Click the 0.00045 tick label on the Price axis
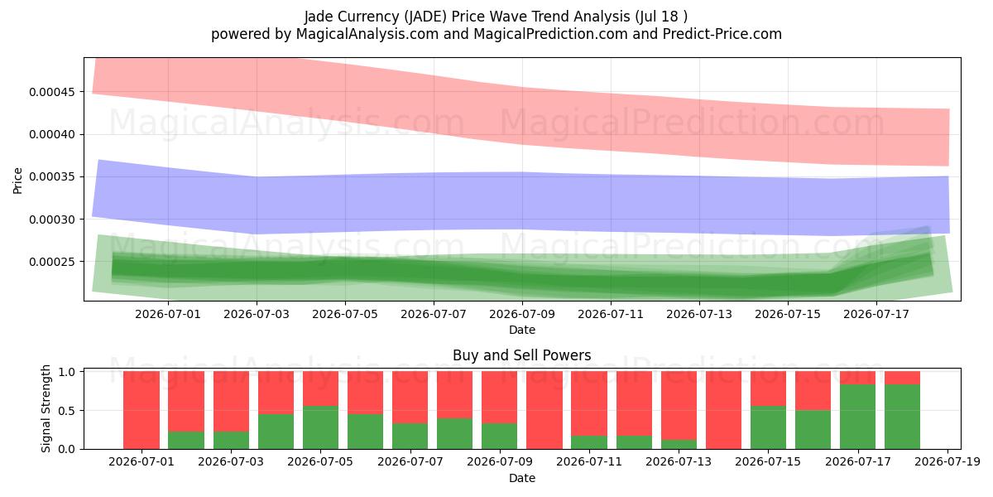(x=51, y=92)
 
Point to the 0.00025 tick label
(x=51, y=262)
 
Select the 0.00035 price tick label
(x=51, y=177)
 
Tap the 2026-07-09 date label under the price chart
(x=522, y=314)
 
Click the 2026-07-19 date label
(x=947, y=461)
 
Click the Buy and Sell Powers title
(x=522, y=355)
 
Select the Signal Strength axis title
(x=46, y=408)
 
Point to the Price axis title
(x=17, y=181)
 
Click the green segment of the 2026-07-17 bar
(x=858, y=417)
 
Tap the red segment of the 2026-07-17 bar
(x=858, y=378)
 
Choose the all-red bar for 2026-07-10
(x=544, y=410)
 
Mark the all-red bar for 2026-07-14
(x=723, y=410)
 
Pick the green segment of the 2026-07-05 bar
(x=320, y=427)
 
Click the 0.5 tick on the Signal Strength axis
(x=66, y=411)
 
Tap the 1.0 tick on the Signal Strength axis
(x=66, y=371)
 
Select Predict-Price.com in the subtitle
(x=722, y=34)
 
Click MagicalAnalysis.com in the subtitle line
(x=367, y=34)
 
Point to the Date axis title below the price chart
(x=522, y=331)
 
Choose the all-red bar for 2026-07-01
(x=142, y=410)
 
